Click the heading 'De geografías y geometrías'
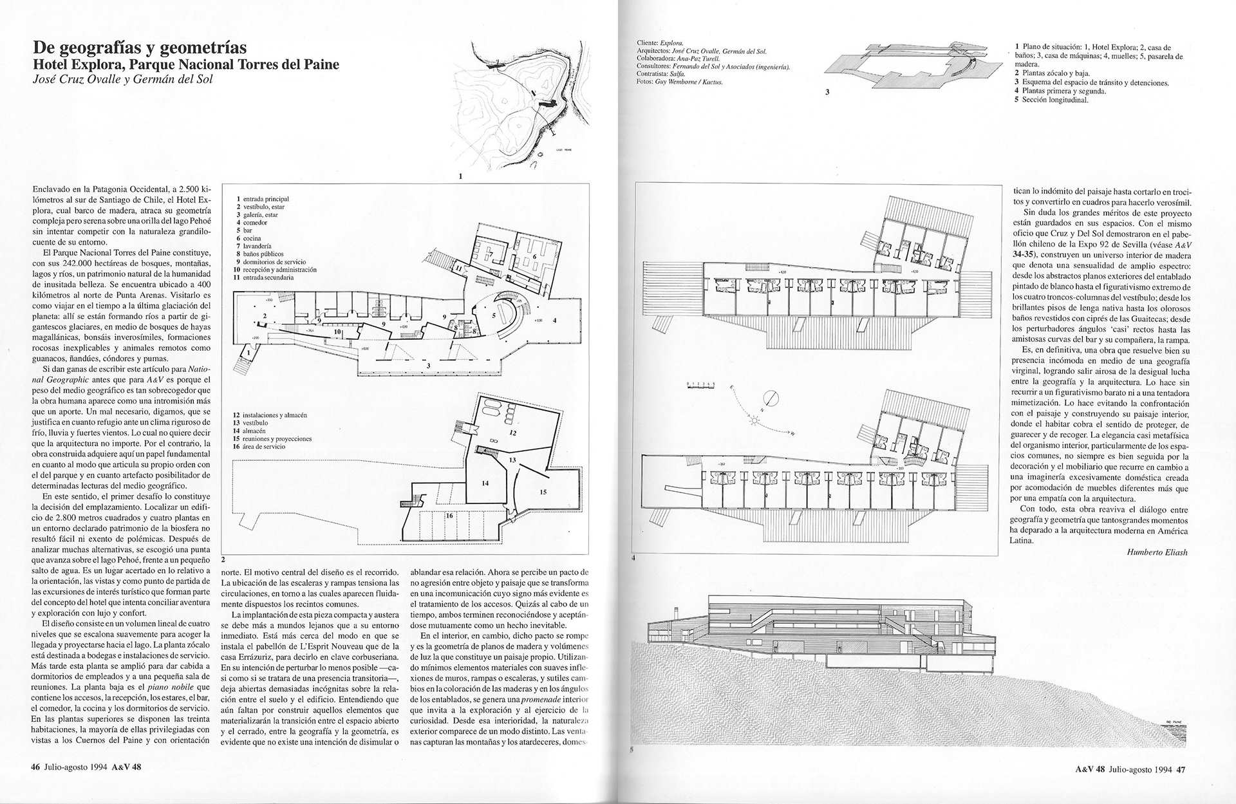[138, 48]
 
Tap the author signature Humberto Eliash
[1156, 552]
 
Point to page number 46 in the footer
[35, 785]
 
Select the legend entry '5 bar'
[243, 230]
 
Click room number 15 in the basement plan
[543, 492]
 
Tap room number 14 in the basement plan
[485, 482]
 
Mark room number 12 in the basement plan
[513, 434]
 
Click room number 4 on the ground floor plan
[554, 320]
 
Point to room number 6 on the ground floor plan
[534, 257]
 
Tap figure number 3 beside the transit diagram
[827, 92]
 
